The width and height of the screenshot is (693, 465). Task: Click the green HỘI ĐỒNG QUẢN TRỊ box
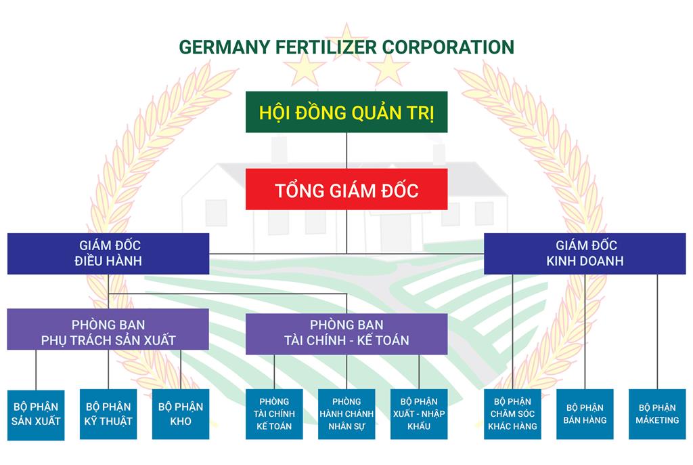[346, 112]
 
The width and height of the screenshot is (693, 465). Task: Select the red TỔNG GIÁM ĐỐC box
[346, 190]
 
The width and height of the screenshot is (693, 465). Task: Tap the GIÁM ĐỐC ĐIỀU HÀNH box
[108, 254]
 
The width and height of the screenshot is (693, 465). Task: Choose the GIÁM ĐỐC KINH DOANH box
[585, 254]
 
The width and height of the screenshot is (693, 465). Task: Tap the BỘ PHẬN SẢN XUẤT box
[36, 414]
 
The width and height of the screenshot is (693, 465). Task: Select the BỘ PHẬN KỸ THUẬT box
[108, 414]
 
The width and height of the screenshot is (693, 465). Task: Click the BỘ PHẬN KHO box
[181, 414]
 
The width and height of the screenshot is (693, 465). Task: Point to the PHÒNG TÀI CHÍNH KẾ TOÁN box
[274, 414]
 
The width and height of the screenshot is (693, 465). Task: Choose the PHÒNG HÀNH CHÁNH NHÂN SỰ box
[346, 414]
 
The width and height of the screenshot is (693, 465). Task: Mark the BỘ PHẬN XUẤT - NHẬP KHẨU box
[418, 414]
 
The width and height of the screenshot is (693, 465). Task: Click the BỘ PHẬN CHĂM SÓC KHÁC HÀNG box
[512, 414]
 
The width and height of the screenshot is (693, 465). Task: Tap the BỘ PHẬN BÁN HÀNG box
[585, 414]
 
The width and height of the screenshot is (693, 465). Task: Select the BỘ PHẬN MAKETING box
[657, 414]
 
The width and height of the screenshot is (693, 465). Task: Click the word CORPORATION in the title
[448, 47]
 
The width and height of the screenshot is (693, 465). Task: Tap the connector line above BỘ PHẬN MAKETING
[657, 332]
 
